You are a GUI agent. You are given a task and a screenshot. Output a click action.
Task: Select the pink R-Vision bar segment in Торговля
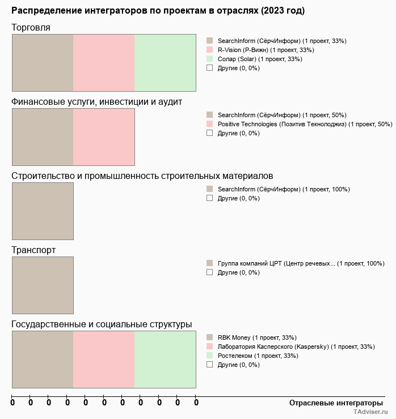(104, 62)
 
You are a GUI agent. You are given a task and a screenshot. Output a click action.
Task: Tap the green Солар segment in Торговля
(165, 62)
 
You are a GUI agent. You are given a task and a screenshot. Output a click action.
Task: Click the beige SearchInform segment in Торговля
(43, 62)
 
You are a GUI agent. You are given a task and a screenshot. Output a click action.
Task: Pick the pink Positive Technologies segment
(104, 136)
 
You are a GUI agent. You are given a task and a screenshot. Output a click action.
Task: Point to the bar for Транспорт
(43, 285)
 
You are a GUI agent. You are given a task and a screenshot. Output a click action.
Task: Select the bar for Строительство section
(43, 211)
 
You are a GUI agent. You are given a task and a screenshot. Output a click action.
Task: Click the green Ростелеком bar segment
(165, 359)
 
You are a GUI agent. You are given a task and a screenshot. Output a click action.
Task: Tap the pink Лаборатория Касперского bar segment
(104, 359)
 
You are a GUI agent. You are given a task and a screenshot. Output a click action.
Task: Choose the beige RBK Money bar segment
(43, 359)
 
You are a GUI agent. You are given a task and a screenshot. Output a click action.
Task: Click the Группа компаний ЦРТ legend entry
(301, 263)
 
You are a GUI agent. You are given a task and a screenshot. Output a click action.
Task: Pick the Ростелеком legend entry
(256, 356)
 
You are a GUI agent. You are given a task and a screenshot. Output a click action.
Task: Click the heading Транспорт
(33, 250)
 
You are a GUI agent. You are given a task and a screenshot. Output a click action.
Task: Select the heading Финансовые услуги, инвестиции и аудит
(96, 101)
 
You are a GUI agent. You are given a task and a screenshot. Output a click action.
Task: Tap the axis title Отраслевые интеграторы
(336, 403)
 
